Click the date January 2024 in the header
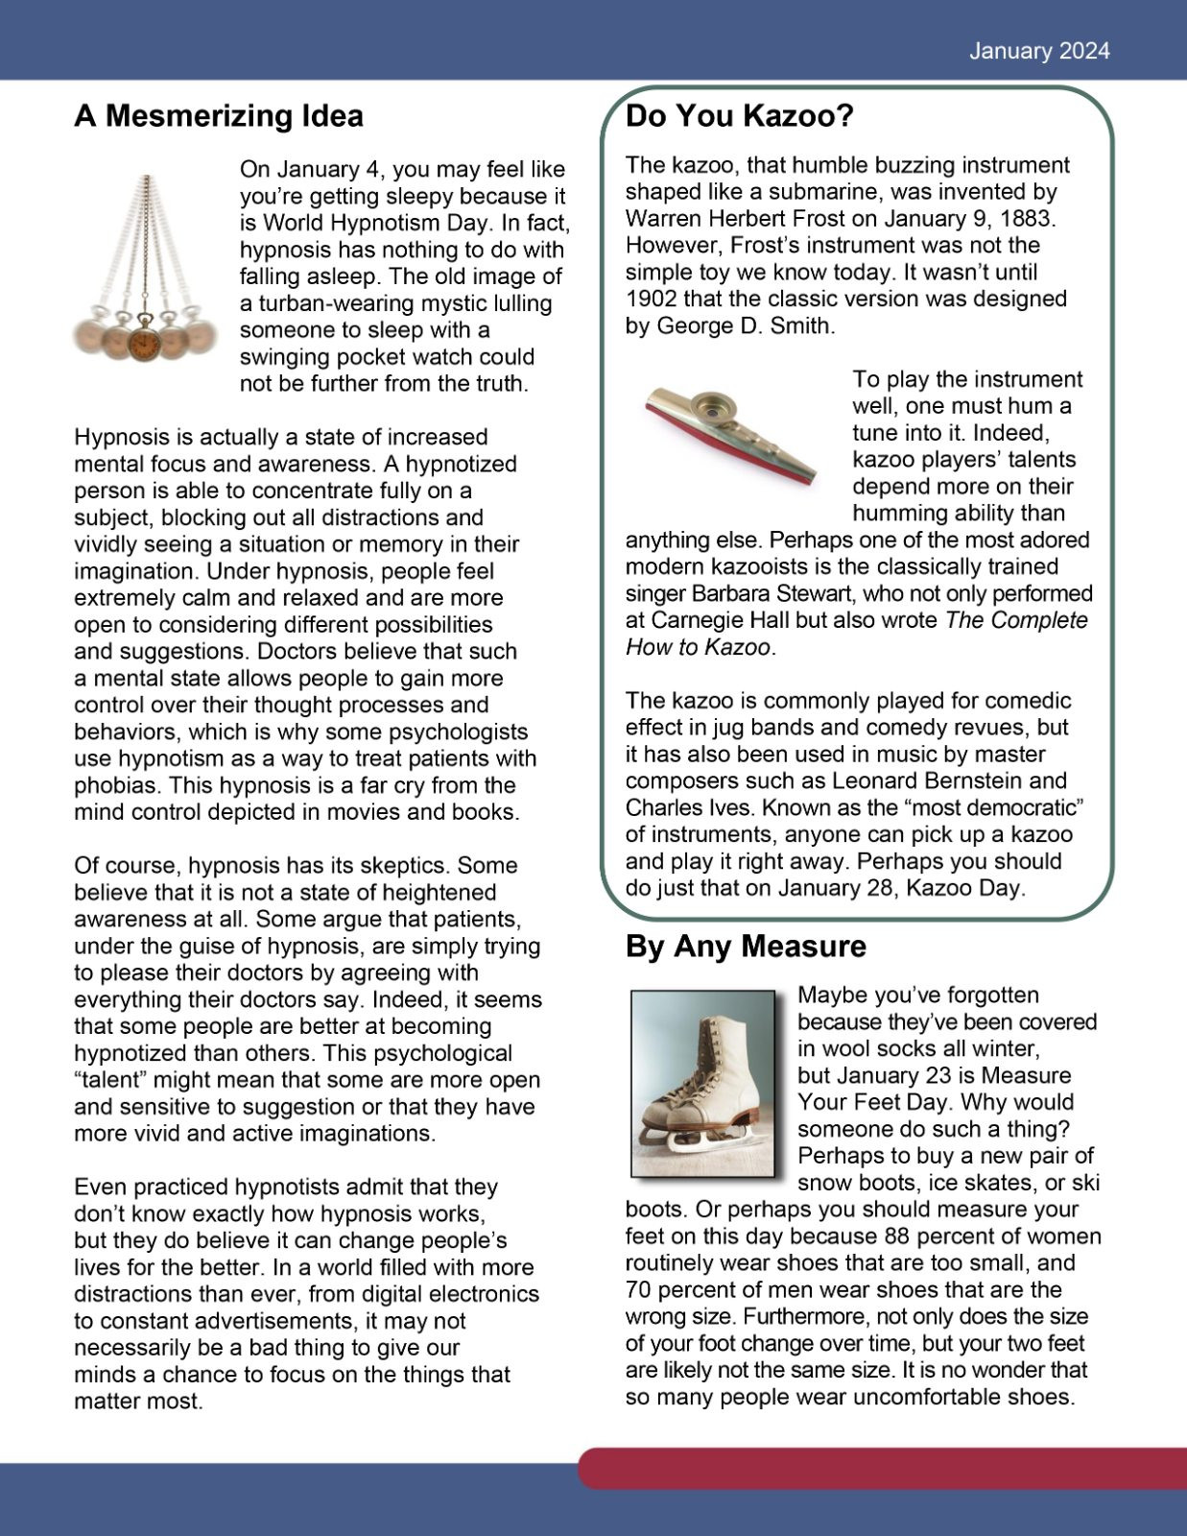1038,51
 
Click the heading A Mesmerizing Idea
219,116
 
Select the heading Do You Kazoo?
739,116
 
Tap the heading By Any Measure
746,947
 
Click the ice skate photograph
702,1083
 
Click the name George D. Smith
743,325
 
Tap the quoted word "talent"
110,1080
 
